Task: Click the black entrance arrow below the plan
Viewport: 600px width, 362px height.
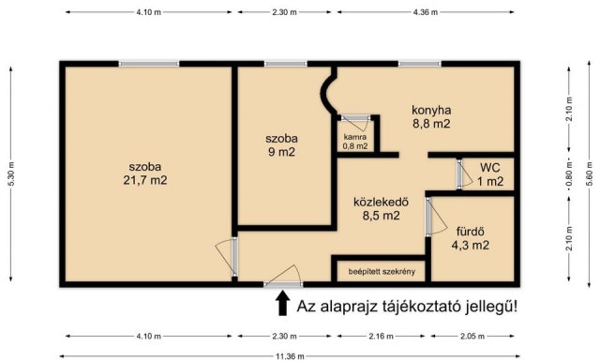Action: click(x=280, y=304)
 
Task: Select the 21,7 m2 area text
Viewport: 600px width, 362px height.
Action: click(x=147, y=181)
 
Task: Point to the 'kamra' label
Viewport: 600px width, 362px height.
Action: click(x=355, y=136)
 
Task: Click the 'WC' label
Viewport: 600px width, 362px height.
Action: click(x=490, y=168)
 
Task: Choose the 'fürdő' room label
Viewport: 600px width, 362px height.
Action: click(x=470, y=231)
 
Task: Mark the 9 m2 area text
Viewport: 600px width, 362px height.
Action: click(x=278, y=153)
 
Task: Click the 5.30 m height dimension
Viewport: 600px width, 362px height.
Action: click(x=9, y=173)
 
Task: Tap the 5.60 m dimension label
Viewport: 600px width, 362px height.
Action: click(x=592, y=173)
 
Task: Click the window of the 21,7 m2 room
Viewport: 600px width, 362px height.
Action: click(x=148, y=64)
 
